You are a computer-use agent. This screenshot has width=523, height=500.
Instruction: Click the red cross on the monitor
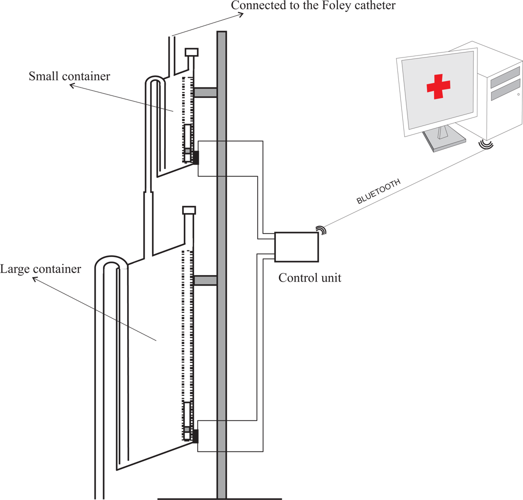439,86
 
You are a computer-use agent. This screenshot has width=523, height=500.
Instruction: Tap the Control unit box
296,247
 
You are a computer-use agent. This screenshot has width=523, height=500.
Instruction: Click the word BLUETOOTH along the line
378,192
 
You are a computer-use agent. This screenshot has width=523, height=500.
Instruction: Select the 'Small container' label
69,76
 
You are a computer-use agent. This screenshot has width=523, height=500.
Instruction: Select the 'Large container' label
41,269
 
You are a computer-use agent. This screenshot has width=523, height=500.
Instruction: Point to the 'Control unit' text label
310,277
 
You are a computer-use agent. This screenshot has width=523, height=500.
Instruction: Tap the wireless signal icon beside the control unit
321,230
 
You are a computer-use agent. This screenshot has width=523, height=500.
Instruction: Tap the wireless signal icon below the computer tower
485,144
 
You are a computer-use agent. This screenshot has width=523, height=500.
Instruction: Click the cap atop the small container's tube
192,52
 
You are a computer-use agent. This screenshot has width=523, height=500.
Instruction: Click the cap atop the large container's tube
189,210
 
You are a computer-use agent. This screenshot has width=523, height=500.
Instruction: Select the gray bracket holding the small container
205,92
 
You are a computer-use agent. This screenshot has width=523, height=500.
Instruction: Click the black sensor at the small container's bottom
195,158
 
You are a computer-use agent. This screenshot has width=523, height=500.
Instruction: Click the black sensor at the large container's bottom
195,436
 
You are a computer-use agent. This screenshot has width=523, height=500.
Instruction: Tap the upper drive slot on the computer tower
505,77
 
